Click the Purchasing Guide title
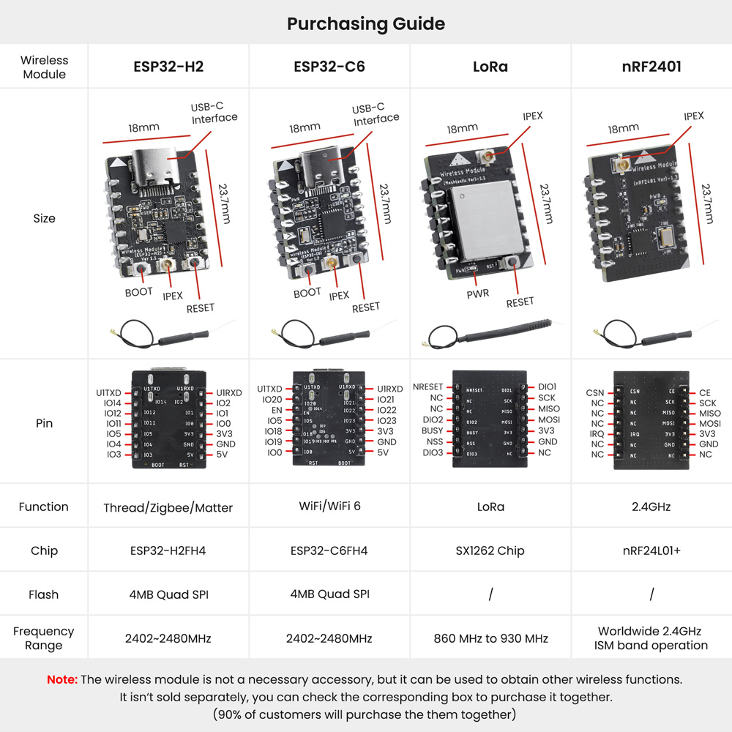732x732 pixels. tap(366, 23)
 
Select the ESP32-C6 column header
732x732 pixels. tap(329, 67)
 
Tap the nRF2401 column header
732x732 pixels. tap(651, 67)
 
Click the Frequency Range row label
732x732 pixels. tap(43, 638)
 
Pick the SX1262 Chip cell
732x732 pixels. tap(490, 550)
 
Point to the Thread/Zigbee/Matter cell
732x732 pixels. tap(168, 507)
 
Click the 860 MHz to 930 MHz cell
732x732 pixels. tap(490, 638)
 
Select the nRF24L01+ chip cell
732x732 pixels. tap(651, 550)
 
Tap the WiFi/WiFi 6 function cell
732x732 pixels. tap(329, 507)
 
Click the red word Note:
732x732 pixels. tap(62, 679)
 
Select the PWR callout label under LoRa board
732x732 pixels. tap(477, 294)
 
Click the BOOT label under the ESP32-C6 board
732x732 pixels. tap(307, 292)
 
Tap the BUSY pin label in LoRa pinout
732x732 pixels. tap(432, 431)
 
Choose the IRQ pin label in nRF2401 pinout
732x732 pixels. tap(597, 434)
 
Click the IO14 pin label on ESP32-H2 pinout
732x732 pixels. tap(113, 403)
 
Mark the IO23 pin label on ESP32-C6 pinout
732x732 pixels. tap(387, 421)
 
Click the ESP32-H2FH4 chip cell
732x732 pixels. tap(168, 550)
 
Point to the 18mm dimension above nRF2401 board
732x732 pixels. tap(623, 129)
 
